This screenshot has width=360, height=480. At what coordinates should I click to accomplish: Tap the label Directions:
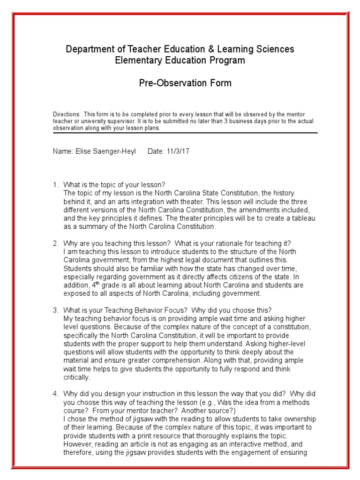click(x=67, y=114)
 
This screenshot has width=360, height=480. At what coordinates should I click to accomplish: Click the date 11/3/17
click(x=178, y=152)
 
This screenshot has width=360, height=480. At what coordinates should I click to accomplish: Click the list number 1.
click(x=55, y=185)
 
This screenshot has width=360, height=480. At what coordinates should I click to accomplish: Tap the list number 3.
click(x=55, y=310)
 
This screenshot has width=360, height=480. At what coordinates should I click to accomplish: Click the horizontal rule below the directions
click(x=185, y=133)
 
